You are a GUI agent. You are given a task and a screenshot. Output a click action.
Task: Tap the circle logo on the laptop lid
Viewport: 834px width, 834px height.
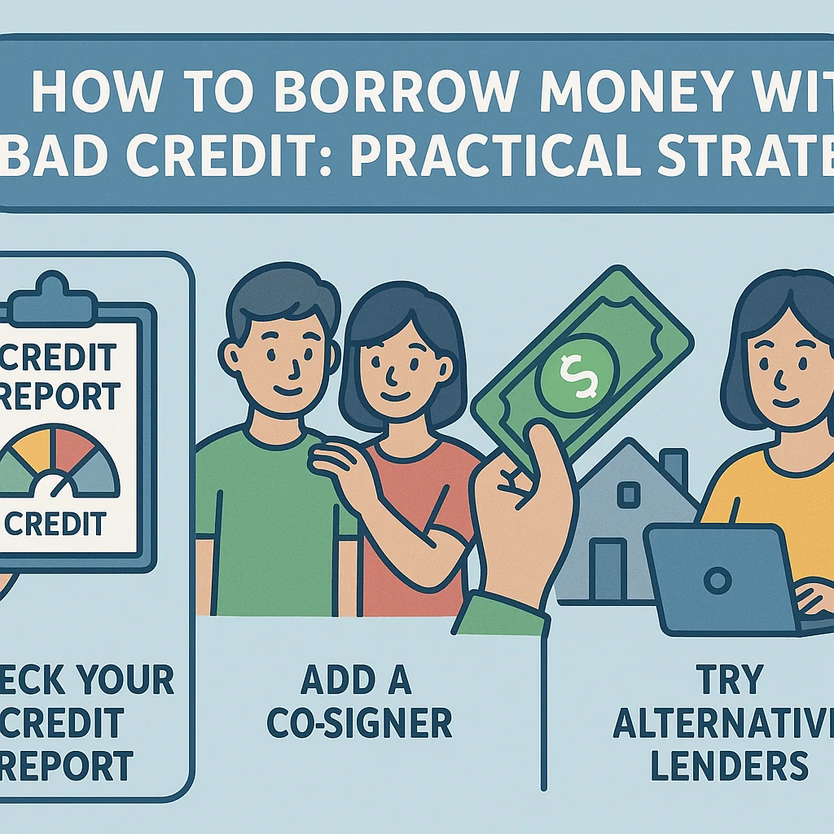[717, 581]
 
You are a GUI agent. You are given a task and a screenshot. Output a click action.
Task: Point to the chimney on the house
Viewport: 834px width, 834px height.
[674, 469]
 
